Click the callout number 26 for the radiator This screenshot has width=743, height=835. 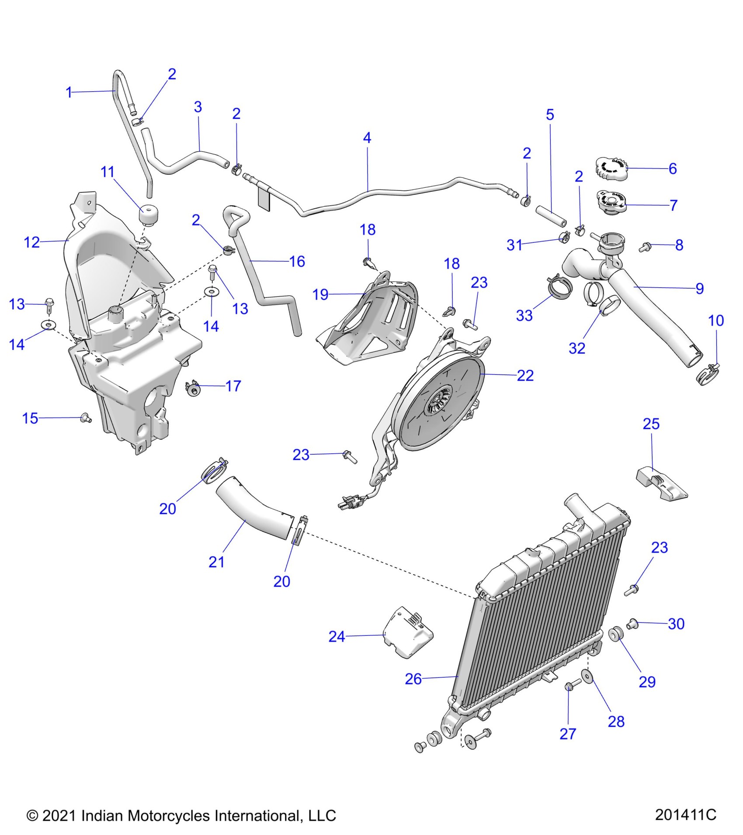413,679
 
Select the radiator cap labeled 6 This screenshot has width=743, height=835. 611,168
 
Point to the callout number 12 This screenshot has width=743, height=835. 31,242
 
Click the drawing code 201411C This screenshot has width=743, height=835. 685,815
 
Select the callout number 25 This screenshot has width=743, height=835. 651,424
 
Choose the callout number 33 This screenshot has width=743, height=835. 524,315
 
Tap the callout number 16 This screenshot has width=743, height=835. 297,262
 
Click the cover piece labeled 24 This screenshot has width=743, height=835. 408,637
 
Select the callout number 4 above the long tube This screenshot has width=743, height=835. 367,138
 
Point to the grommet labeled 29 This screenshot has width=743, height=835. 615,634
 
